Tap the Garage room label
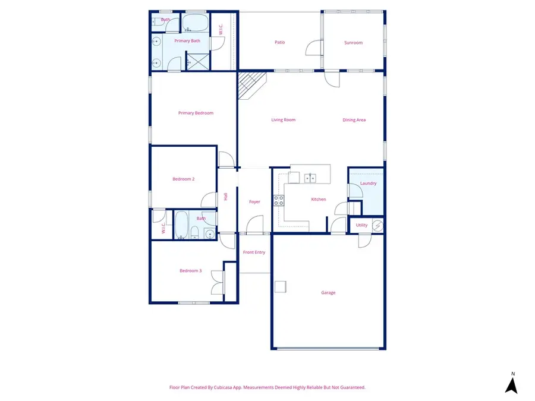(x=328, y=292)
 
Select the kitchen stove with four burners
(x=278, y=201)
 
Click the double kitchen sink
(x=310, y=178)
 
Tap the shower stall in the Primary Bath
(x=199, y=61)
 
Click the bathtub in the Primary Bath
(x=194, y=24)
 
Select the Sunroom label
(x=353, y=43)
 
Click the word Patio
(x=279, y=43)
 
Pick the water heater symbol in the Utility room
(x=377, y=225)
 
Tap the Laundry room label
(x=368, y=183)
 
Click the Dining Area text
(x=354, y=120)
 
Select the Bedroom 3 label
(x=190, y=271)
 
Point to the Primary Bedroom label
(x=196, y=113)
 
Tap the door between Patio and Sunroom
(x=313, y=48)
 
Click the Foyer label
(x=254, y=202)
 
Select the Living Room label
(x=283, y=120)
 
